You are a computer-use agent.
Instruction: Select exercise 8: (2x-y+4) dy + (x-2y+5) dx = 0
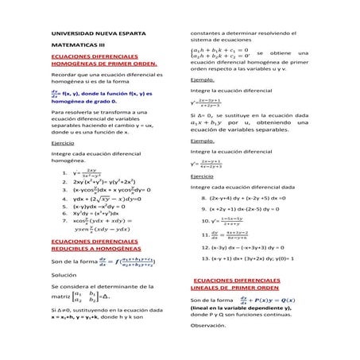pos(253,196)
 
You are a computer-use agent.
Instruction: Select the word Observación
pos(209,326)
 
